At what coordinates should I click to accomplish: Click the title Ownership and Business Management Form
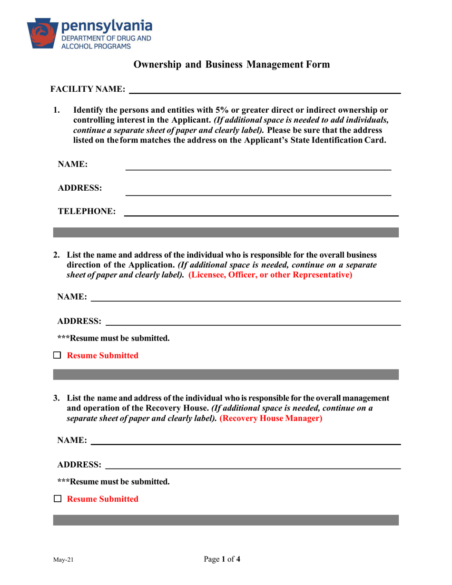(x=231, y=65)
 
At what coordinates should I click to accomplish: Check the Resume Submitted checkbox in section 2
(x=58, y=355)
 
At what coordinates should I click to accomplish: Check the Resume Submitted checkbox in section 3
(x=58, y=499)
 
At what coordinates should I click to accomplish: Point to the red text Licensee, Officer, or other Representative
(x=270, y=275)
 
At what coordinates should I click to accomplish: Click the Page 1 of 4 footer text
(x=222, y=560)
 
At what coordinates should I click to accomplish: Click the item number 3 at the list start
(x=56, y=398)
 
